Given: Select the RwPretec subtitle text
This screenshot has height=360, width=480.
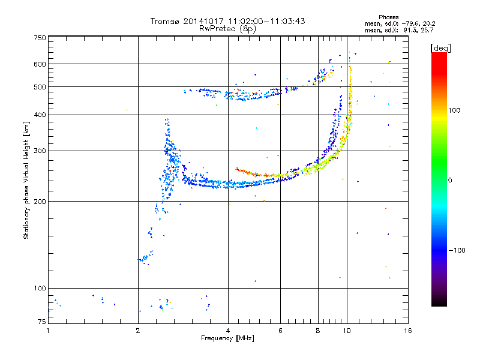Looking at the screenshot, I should (x=219, y=28).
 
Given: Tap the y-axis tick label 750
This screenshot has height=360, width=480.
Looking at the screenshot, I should (x=40, y=38).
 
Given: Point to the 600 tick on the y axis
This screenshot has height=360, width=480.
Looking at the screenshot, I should (x=40, y=64).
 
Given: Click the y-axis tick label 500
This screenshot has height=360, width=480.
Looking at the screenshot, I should (x=40, y=87).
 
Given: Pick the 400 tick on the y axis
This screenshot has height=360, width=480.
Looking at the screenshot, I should (x=40, y=115).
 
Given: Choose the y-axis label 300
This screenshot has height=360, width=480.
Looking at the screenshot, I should (x=40, y=151).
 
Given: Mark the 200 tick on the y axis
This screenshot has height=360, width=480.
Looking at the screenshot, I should (x=40, y=202).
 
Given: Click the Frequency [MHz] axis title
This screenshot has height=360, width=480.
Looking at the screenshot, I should (x=227, y=338).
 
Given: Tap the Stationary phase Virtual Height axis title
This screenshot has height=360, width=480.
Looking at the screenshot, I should (x=26, y=181).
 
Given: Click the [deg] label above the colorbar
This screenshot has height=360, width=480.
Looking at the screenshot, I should (x=441, y=47).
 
